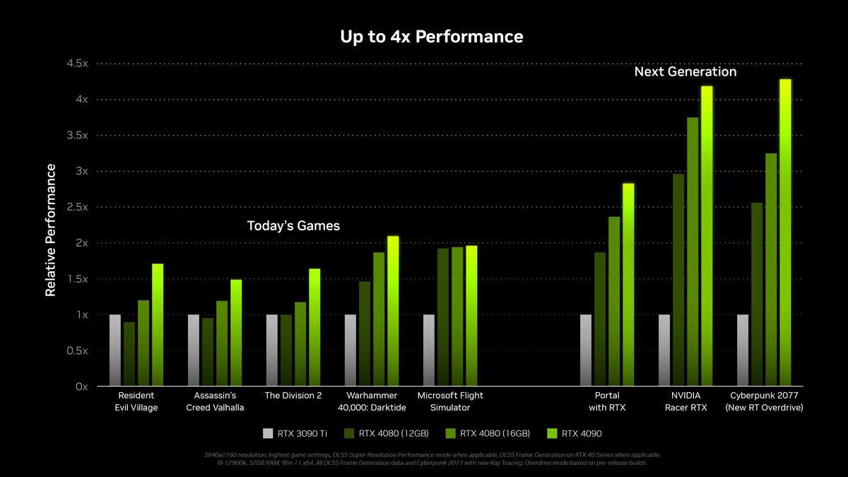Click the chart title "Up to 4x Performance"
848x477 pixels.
tap(432, 36)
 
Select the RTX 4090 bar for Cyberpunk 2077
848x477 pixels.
tap(785, 233)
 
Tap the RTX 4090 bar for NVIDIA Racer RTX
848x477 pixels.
tap(707, 237)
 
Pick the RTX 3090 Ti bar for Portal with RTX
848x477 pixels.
tap(586, 351)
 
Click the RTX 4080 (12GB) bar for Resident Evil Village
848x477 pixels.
tap(129, 354)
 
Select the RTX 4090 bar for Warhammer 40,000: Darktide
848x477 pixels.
tap(393, 311)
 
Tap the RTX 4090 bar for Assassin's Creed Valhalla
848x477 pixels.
tap(236, 333)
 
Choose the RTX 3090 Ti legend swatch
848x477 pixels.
tap(267, 433)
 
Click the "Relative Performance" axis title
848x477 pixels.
tap(50, 230)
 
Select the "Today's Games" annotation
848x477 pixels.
tap(293, 226)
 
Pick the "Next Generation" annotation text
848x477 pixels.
tap(685, 72)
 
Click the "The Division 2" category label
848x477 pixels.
tap(293, 396)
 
